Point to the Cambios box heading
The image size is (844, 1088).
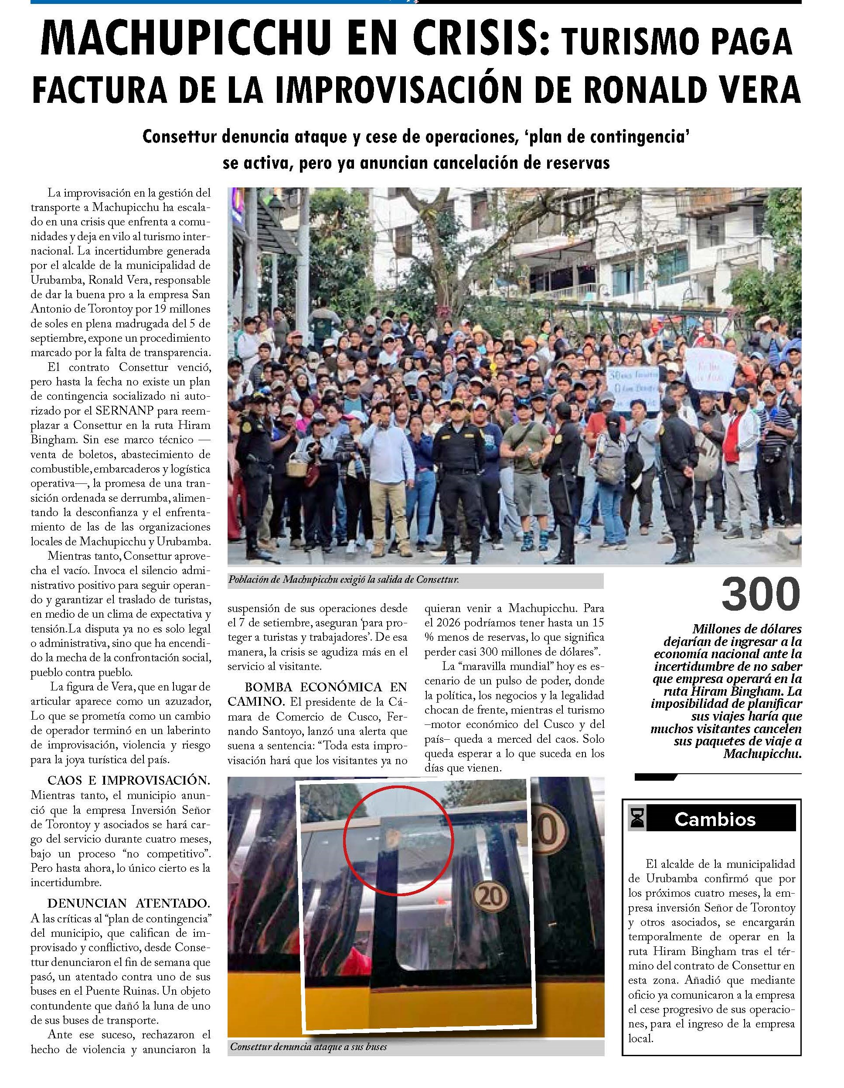[x=715, y=819]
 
